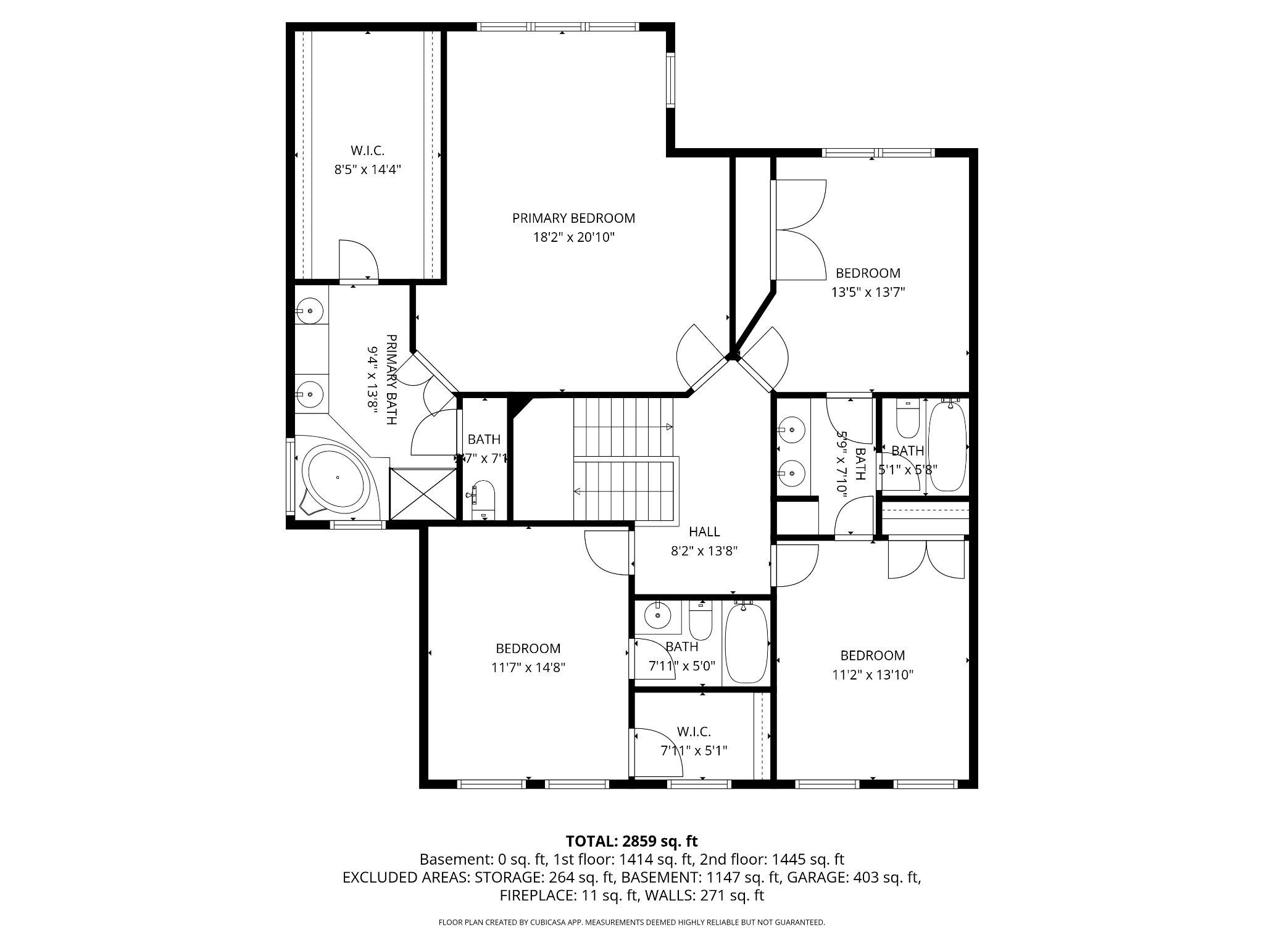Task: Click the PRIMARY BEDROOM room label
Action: pos(573,218)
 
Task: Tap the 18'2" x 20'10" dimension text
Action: pos(574,237)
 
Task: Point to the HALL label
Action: pos(704,531)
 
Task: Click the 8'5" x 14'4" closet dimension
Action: pos(368,170)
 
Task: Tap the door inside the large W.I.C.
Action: pos(358,262)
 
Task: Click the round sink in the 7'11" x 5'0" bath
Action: pos(658,615)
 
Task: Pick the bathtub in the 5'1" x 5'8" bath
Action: pos(947,446)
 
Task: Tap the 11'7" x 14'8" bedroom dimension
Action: pos(528,667)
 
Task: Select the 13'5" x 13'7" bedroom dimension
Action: pos(868,292)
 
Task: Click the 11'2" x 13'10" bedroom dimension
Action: pos(873,675)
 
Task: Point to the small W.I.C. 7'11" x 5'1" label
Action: pos(694,741)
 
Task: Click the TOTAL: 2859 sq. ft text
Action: pos(631,841)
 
